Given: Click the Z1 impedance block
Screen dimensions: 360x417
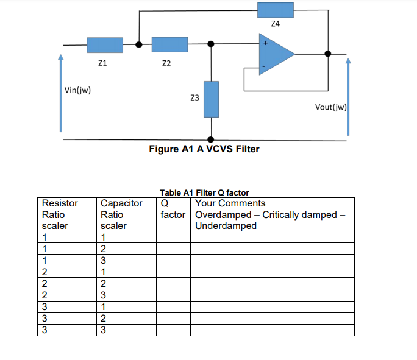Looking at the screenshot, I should [x=105, y=44].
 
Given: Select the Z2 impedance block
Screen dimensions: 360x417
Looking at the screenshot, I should [x=169, y=44].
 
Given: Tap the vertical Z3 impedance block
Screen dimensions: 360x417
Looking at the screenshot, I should [x=211, y=99].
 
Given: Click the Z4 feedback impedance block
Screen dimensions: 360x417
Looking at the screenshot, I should [x=275, y=10].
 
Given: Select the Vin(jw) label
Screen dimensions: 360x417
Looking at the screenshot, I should [x=77, y=91].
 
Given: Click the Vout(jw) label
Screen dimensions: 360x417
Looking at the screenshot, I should [x=330, y=107].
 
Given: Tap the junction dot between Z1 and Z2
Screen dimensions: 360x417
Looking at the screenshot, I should [x=139, y=44].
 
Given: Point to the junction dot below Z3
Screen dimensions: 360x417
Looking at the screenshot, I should [x=211, y=139].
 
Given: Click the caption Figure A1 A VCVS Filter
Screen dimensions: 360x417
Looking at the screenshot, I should [x=204, y=149].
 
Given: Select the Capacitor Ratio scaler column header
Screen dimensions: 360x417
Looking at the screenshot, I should [x=121, y=214].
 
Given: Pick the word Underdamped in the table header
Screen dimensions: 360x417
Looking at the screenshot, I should [x=226, y=226].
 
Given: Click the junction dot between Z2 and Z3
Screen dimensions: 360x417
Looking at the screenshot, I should [x=211, y=44].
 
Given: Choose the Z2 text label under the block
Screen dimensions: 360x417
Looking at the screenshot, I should [x=166, y=63].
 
